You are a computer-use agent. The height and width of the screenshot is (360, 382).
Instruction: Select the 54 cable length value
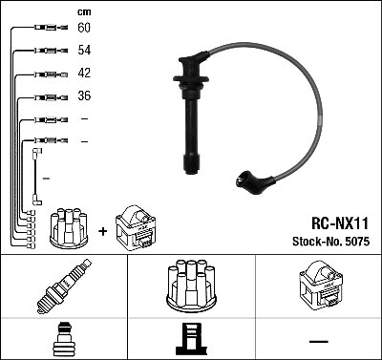tap(85, 51)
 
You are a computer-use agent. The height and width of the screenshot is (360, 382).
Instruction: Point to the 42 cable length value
tap(85, 74)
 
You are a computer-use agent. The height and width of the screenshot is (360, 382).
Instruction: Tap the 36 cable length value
tap(85, 96)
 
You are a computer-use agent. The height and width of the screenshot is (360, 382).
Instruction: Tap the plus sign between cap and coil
tap(101, 230)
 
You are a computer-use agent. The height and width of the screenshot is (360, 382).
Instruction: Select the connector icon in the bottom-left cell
tap(64, 340)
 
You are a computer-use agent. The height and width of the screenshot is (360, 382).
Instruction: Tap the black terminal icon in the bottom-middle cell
tap(190, 340)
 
